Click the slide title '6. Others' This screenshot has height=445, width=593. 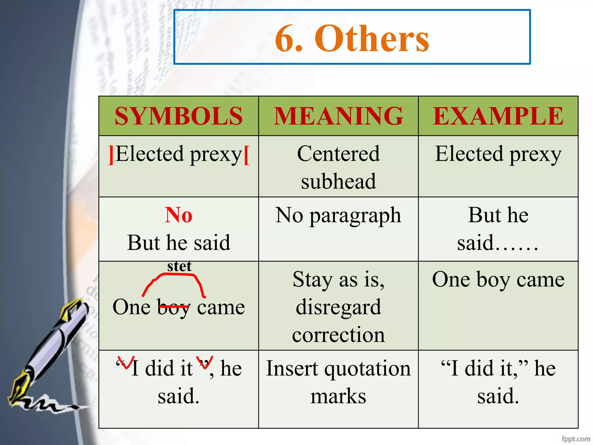[x=352, y=39]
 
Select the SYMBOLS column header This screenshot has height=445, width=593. [x=179, y=116]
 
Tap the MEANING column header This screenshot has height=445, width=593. [x=338, y=116]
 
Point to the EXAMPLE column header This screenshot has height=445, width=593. [x=498, y=116]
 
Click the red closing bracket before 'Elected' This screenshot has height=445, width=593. [x=111, y=155]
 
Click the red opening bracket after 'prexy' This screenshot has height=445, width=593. [x=246, y=155]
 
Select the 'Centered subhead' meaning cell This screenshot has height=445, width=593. [x=338, y=167]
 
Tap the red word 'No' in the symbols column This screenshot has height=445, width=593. [x=179, y=215]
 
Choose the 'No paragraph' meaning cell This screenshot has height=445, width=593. [x=338, y=216]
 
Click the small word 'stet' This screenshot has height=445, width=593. [x=179, y=266]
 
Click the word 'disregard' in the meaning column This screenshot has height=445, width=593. [x=338, y=307]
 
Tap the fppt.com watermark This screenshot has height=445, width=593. [x=576, y=439]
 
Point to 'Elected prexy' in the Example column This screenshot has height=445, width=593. [x=498, y=154]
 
